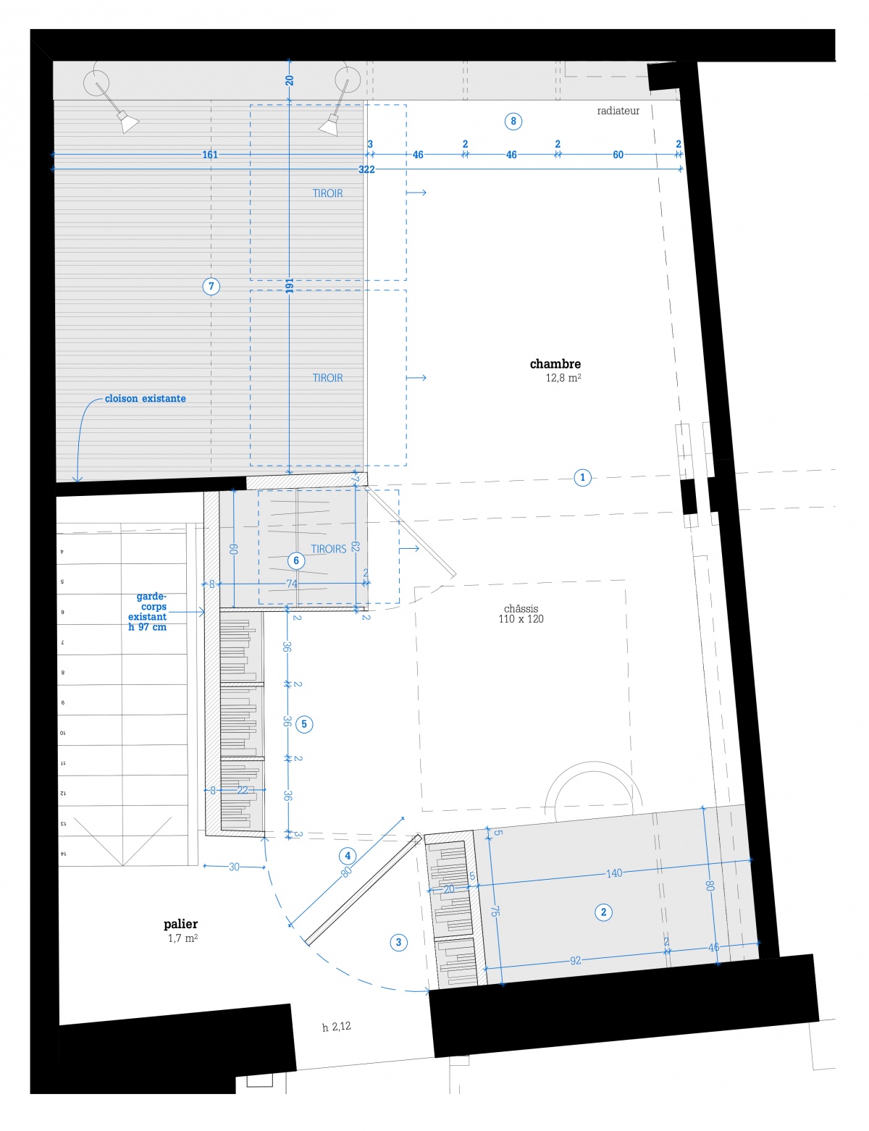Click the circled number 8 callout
(x=513, y=121)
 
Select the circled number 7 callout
(x=211, y=286)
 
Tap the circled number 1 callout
(x=582, y=477)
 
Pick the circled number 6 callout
(x=295, y=560)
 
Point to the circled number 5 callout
(x=304, y=723)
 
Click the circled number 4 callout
(x=348, y=855)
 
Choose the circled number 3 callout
(x=398, y=942)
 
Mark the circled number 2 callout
(x=604, y=912)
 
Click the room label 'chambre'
(x=555, y=364)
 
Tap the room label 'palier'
(x=181, y=924)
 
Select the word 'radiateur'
(x=618, y=111)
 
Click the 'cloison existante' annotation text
(x=145, y=398)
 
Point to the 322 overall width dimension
(x=366, y=169)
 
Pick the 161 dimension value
(x=210, y=154)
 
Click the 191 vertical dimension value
(x=290, y=286)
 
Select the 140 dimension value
(x=614, y=873)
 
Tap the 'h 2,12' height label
(x=337, y=1027)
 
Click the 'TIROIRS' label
(x=329, y=549)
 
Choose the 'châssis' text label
(x=521, y=609)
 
